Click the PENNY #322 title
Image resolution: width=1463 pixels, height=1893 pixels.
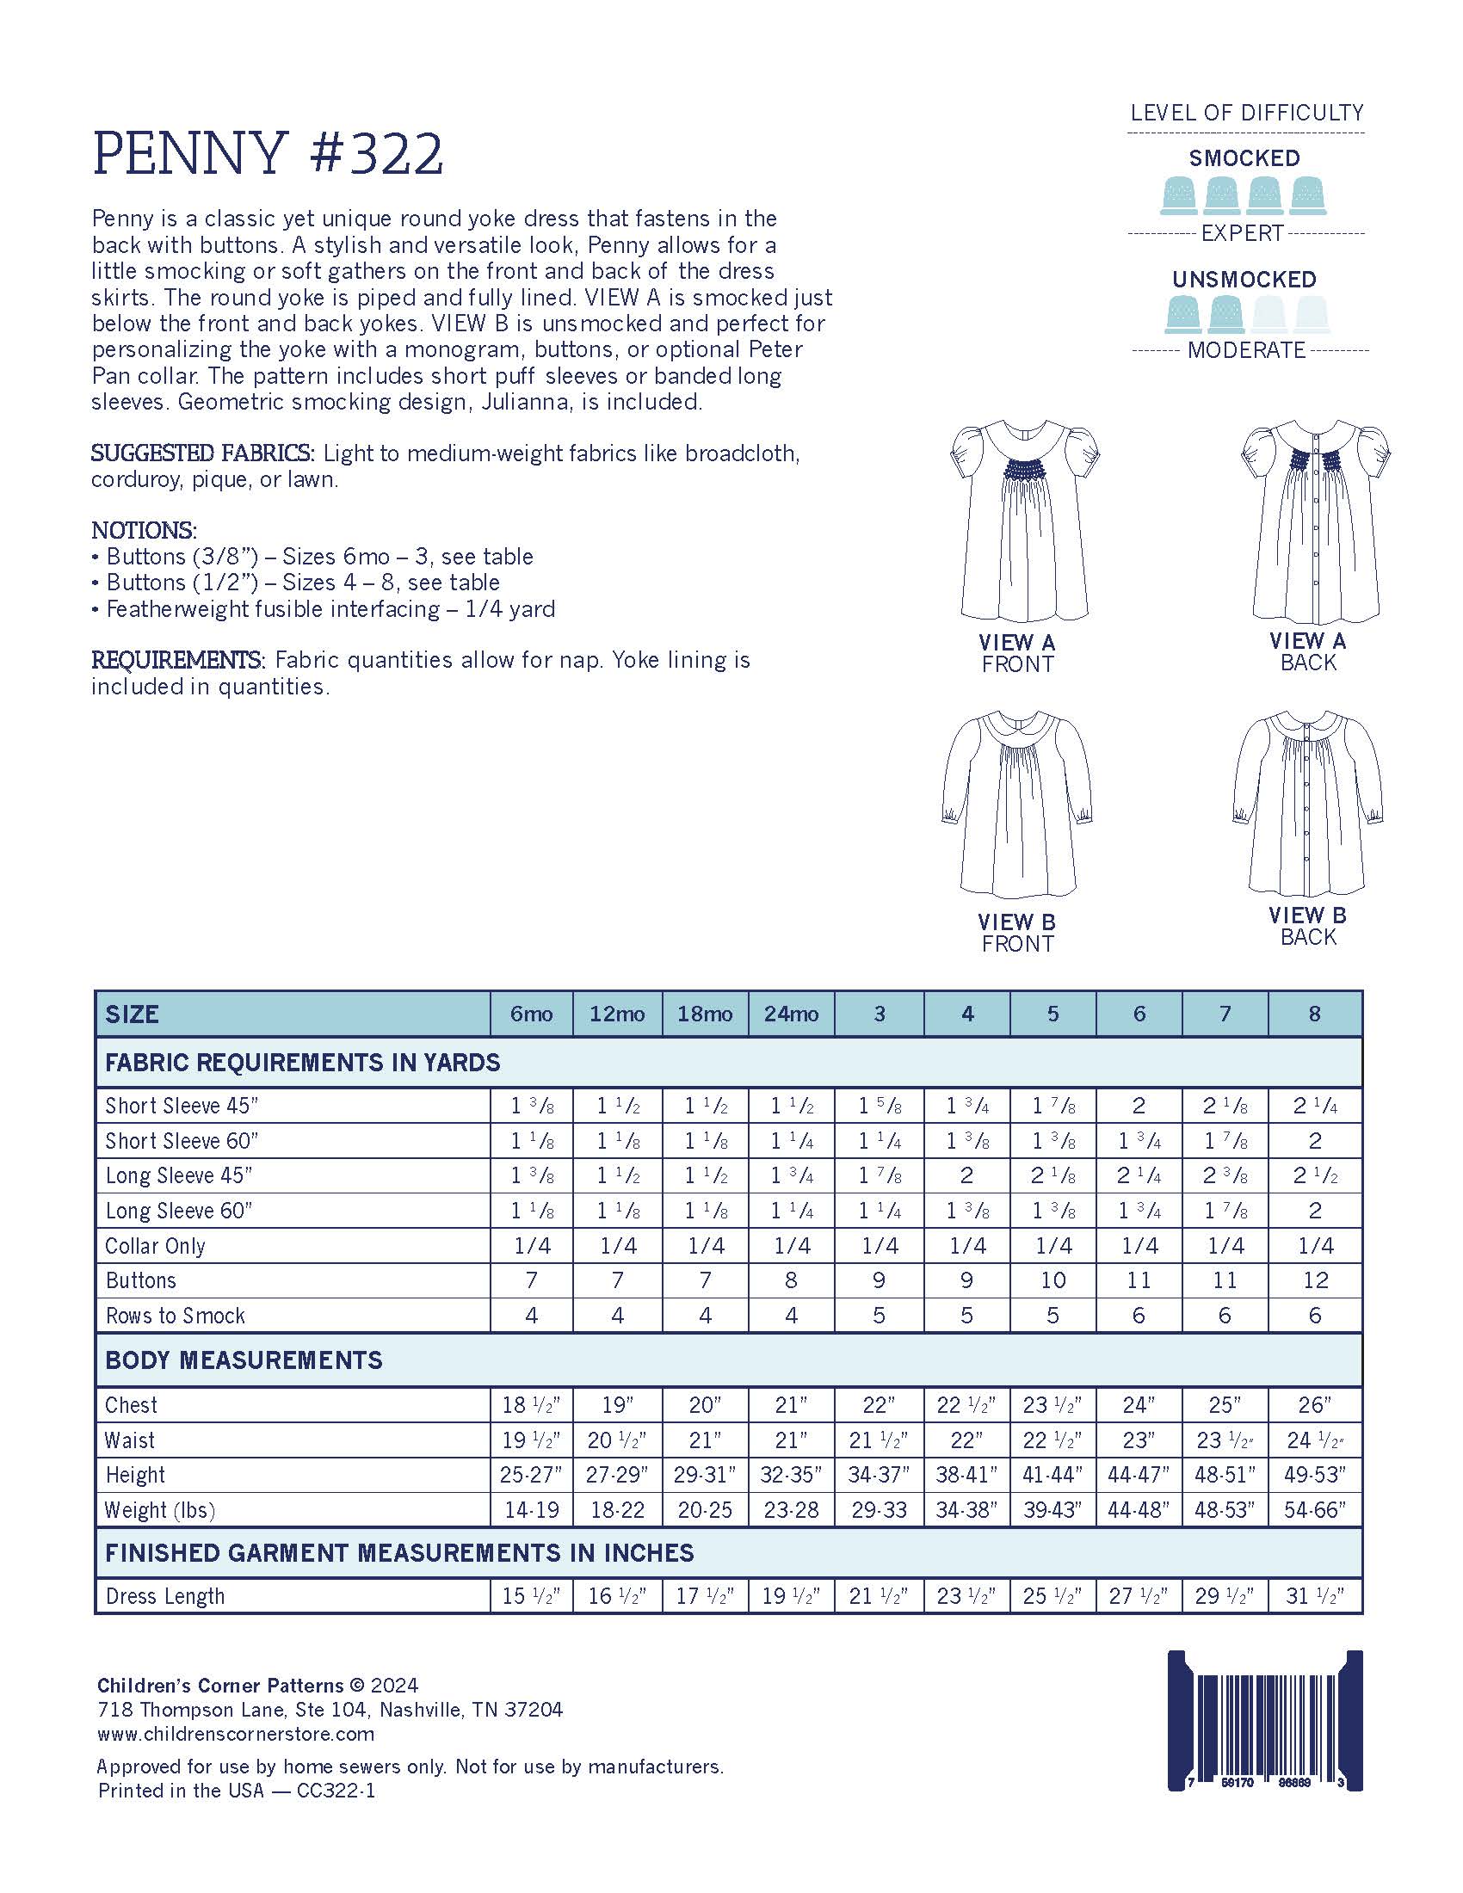[268, 154]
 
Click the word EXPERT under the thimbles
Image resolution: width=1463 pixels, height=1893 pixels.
[1242, 233]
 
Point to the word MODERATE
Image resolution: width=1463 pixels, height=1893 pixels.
[1246, 350]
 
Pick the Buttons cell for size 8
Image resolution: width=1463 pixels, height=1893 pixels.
[1315, 1280]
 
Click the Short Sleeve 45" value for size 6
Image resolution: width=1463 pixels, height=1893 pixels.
[1139, 1106]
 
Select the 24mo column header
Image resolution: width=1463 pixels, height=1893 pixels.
[790, 1014]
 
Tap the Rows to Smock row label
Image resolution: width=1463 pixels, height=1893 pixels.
[175, 1316]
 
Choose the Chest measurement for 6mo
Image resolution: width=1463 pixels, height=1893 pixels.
[531, 1405]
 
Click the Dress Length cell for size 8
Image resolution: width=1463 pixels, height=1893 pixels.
[1315, 1595]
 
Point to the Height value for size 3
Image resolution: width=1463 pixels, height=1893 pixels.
[879, 1474]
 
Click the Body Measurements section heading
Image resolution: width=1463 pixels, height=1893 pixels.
[244, 1360]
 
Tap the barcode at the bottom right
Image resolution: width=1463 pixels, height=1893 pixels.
[1264, 1720]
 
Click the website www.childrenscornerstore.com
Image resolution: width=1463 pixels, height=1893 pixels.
[236, 1734]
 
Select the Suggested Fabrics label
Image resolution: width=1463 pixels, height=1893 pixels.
[203, 453]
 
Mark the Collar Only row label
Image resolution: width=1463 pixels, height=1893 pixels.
[155, 1246]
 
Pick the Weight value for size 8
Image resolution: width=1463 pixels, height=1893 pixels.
[1315, 1510]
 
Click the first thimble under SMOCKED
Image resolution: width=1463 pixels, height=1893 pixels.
[1179, 195]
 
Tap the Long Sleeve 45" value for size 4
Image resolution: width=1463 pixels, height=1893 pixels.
[966, 1175]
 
